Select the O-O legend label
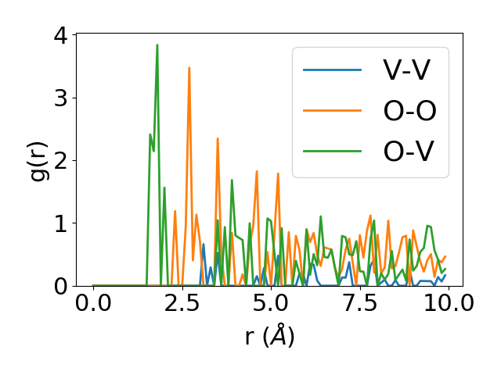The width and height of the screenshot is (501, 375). pos(409,111)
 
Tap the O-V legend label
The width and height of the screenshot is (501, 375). pos(409,152)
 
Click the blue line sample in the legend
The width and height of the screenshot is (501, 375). pos(333,70)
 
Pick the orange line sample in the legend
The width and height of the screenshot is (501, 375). pos(333,111)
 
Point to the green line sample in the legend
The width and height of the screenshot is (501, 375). pos(333,152)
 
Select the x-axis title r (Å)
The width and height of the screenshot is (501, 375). pos(269,336)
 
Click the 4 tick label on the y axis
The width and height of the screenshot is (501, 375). pos(60,36)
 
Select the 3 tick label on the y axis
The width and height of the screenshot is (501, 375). pos(60,98)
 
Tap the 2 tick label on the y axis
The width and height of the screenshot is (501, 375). pos(60,161)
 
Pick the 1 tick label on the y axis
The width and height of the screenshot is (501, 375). pos(60,223)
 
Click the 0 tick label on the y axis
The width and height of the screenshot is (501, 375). pos(60,286)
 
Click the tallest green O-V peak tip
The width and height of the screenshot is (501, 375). pos(157,45)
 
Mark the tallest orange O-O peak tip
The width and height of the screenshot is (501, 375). pos(189,67)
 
